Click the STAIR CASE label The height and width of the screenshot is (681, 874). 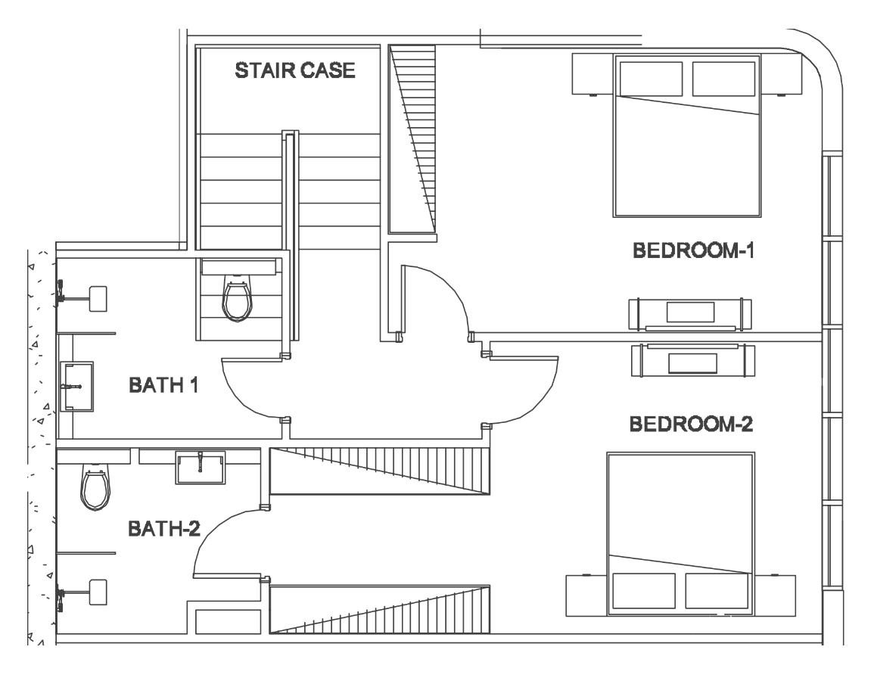[x=295, y=71]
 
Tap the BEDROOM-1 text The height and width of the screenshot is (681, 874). [x=693, y=250]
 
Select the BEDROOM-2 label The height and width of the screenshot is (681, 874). [x=691, y=424]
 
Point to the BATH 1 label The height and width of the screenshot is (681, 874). [x=163, y=385]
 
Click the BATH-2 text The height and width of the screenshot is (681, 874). [x=164, y=528]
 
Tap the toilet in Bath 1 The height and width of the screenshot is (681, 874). [x=237, y=299]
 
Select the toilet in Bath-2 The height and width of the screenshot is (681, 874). [x=95, y=486]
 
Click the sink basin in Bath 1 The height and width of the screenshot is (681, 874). [x=77, y=386]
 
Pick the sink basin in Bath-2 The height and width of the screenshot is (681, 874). [x=201, y=467]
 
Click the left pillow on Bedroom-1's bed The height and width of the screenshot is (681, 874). [x=651, y=79]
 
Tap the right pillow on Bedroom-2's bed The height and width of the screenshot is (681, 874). [x=717, y=591]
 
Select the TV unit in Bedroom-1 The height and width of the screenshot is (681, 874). [x=690, y=314]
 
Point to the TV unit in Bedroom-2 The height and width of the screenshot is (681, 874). [x=693, y=360]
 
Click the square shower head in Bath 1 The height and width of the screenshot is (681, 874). [x=98, y=299]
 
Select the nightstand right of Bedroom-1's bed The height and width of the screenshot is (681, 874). [x=781, y=74]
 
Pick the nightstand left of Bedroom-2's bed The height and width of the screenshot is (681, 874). [x=586, y=595]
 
